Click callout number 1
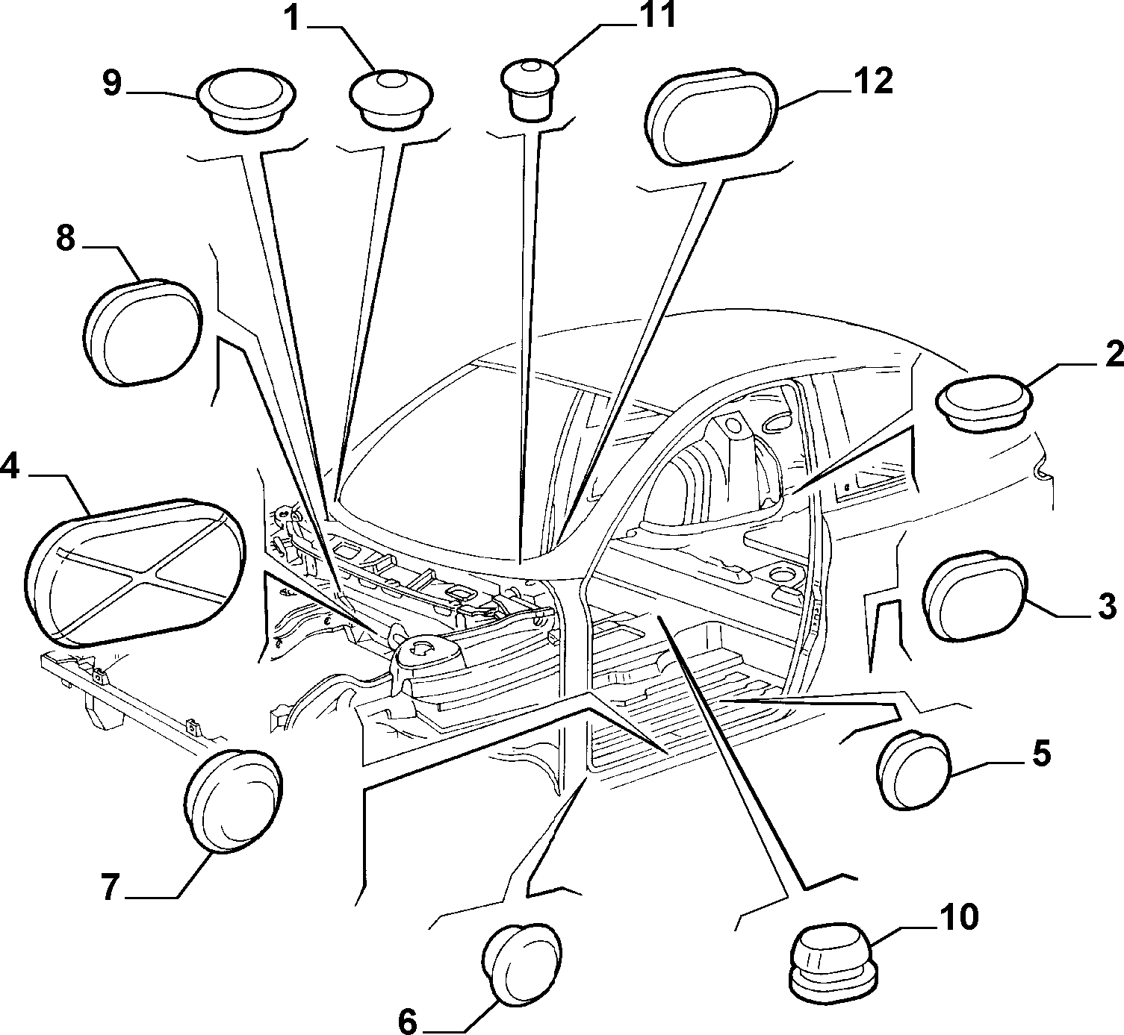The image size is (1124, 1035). (x=292, y=19)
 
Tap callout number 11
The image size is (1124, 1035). (x=657, y=15)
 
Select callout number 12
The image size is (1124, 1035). (x=872, y=81)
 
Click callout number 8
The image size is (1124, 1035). (x=66, y=239)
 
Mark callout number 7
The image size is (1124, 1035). (x=111, y=888)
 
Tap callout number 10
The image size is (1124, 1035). (x=957, y=916)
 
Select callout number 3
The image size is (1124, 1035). (x=1107, y=607)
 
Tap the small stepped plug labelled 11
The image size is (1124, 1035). (x=529, y=90)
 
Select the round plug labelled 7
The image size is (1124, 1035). (x=233, y=799)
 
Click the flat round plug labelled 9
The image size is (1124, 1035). (x=246, y=101)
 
